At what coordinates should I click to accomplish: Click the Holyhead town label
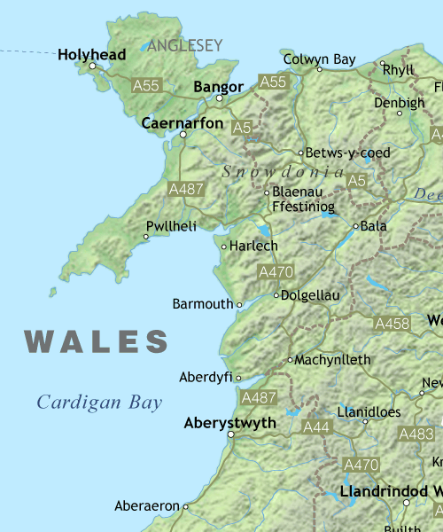click(91, 54)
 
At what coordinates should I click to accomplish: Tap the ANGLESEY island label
click(185, 44)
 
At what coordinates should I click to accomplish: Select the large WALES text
click(97, 341)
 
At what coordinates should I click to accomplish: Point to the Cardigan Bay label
click(99, 403)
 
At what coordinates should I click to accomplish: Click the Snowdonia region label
click(283, 171)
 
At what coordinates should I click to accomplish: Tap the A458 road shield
click(392, 324)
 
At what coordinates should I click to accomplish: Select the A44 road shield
click(316, 426)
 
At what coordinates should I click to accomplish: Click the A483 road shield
click(416, 434)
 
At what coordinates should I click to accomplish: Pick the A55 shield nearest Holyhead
click(146, 85)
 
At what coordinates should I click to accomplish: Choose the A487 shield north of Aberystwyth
click(259, 398)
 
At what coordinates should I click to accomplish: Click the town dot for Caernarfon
click(183, 135)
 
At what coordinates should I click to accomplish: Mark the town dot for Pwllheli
click(146, 237)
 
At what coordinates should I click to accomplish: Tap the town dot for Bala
click(356, 226)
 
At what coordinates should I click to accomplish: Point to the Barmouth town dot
click(239, 304)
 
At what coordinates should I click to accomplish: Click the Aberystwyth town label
click(229, 423)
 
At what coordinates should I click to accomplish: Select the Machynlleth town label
click(333, 360)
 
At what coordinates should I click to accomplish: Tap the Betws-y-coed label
click(346, 153)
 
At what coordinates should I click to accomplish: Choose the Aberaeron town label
click(147, 506)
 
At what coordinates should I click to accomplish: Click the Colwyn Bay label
click(319, 59)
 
